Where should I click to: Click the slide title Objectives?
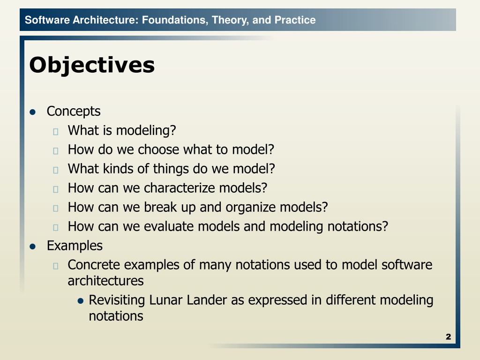pos(92,65)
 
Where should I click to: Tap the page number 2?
pos(449,337)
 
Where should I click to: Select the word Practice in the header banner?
pos(295,20)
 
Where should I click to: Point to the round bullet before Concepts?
pos(32,112)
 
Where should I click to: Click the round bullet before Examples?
pos(32,247)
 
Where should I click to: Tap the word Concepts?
pos(74,112)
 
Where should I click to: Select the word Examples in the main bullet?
pos(75,246)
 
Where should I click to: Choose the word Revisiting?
pos(117,300)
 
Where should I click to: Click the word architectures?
pos(105,281)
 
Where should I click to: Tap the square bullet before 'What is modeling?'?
pos(56,132)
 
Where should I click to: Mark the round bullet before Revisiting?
pos(81,301)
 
